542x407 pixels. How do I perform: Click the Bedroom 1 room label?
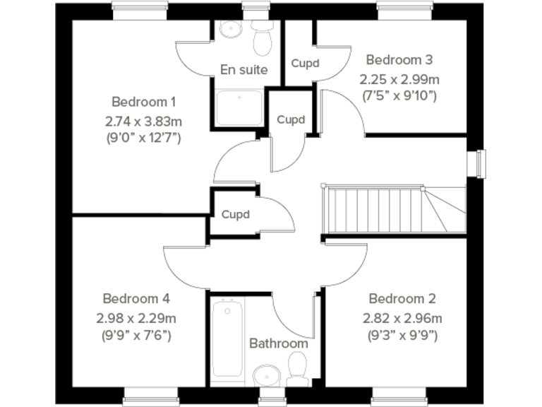[143, 101]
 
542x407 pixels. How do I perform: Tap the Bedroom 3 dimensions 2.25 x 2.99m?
[399, 78]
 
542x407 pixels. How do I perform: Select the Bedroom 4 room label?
[135, 298]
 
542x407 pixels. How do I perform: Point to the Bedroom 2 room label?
[402, 298]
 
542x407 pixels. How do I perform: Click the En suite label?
[243, 69]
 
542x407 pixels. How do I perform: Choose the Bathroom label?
[278, 343]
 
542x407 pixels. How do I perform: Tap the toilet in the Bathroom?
[296, 368]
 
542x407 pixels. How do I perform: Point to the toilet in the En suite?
[263, 40]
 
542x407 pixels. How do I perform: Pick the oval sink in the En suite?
[230, 30]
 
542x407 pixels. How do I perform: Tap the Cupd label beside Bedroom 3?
[305, 64]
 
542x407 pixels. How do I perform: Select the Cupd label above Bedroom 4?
[236, 214]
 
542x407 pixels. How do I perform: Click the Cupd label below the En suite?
[291, 119]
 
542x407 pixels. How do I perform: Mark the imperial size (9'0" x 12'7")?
[143, 137]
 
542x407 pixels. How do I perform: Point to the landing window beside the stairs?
[480, 163]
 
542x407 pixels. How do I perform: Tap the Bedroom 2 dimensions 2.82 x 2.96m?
[402, 317]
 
